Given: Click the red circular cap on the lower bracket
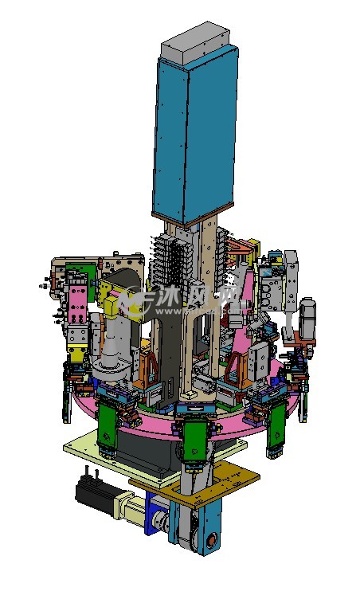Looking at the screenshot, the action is point(212,541).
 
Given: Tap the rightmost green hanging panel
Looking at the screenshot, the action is point(277,425).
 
